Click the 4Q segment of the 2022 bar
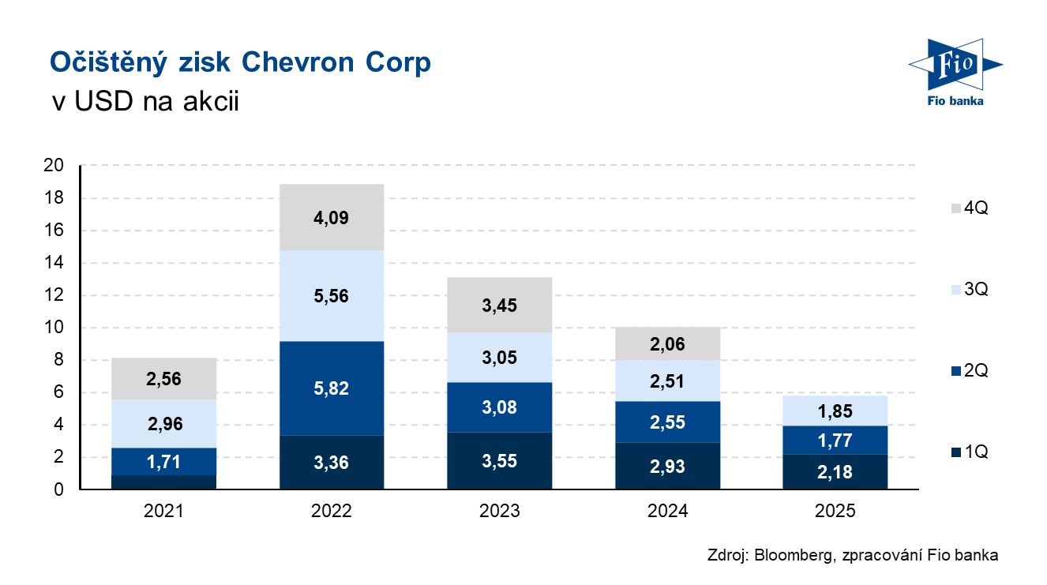click(x=332, y=217)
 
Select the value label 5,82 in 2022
click(x=332, y=388)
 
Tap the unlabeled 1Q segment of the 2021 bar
click(x=163, y=482)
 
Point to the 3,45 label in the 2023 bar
click(x=499, y=305)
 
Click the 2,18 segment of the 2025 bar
click(x=835, y=472)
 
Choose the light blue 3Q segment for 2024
click(x=667, y=381)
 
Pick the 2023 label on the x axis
click(x=499, y=512)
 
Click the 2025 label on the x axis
click(x=835, y=512)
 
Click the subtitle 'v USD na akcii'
click(x=144, y=103)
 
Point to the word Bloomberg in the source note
click(x=789, y=555)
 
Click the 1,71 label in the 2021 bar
click(x=163, y=461)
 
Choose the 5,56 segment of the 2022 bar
click(x=332, y=296)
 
